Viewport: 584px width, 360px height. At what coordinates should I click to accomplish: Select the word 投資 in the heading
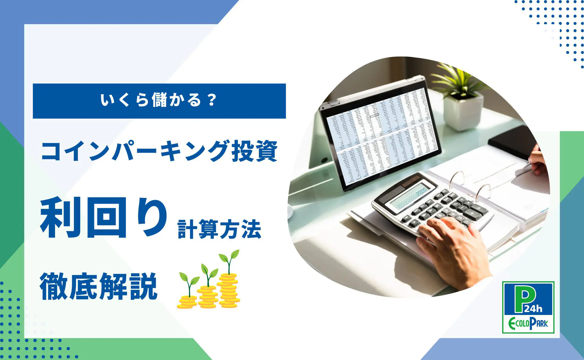click(x=255, y=151)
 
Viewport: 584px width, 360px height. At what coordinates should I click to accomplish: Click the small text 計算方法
click(x=219, y=230)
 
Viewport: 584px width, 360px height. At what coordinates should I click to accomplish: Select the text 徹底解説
click(x=99, y=287)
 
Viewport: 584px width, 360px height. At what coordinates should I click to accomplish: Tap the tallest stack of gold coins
click(x=229, y=291)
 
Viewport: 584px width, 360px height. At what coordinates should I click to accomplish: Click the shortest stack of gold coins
click(x=187, y=302)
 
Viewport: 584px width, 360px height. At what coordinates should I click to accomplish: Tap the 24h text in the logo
click(x=533, y=309)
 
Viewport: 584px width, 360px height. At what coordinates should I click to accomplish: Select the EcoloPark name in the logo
click(x=528, y=324)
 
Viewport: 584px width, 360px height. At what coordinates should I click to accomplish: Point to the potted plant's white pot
click(x=463, y=111)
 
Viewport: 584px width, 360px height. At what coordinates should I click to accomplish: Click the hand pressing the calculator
click(x=453, y=249)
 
